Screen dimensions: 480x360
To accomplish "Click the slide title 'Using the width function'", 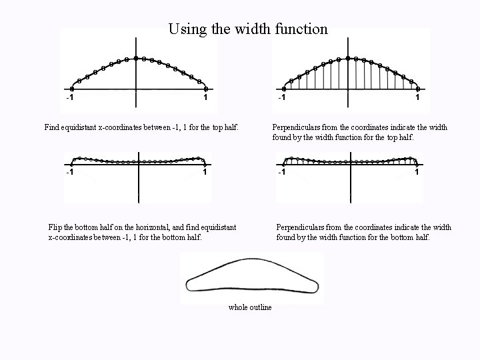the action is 248,29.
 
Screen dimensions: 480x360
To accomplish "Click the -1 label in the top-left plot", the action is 69,99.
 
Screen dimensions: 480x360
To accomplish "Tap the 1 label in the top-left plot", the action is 205,99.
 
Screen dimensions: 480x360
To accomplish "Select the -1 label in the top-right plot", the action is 282,99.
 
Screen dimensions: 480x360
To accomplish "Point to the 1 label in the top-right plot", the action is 417,99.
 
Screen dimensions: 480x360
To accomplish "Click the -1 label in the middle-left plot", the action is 69,173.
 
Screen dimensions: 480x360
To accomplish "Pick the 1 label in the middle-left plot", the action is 205,173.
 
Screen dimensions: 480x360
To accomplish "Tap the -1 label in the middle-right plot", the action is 282,173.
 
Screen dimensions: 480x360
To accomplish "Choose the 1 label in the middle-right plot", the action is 417,173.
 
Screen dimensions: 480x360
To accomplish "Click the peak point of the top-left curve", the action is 137,59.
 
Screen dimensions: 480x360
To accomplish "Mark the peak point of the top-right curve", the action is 348,59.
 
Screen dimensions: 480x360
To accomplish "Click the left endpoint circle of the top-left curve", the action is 72,88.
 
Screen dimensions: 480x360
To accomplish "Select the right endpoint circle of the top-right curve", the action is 418,88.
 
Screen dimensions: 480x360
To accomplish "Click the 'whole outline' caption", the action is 250,307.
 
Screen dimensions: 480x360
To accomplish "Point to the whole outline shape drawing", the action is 251,279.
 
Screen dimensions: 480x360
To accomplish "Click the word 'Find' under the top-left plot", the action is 53,127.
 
